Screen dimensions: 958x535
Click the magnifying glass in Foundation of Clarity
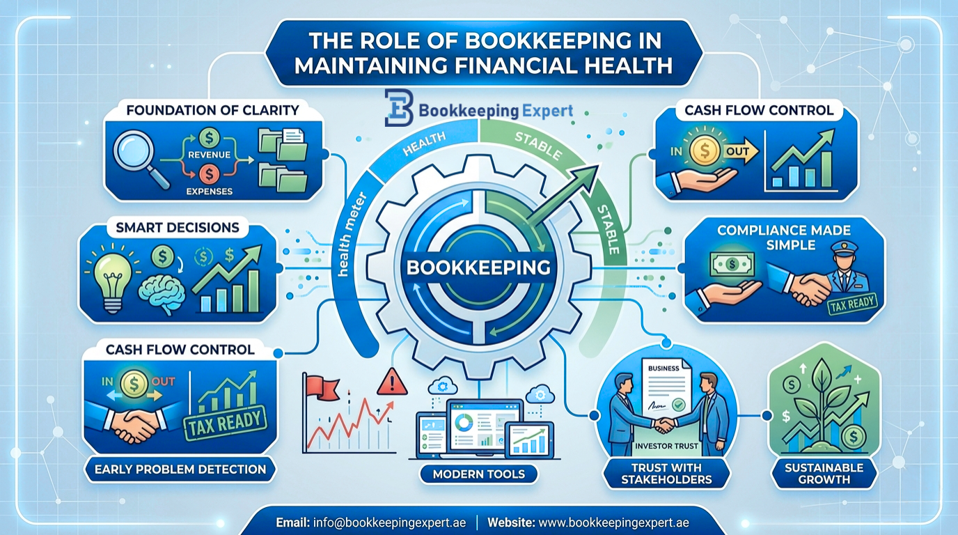tap(139, 157)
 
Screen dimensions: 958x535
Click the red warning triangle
tap(392, 382)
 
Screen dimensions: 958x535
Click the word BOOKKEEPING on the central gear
tap(478, 267)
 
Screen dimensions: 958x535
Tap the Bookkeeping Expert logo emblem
tap(399, 107)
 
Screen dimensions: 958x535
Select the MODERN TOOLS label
tap(478, 474)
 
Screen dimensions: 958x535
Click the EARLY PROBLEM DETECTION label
tap(180, 470)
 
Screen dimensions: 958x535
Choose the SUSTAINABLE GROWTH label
tap(824, 474)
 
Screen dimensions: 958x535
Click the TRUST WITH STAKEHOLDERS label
tap(666, 474)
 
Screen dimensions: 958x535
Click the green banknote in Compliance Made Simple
tap(732, 263)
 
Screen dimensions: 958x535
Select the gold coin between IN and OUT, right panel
tap(705, 150)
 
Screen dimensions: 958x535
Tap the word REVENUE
tap(209, 155)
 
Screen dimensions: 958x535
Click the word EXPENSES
tap(209, 192)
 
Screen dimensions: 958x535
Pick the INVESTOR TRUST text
tap(666, 446)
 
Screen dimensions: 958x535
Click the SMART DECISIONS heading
tap(178, 227)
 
